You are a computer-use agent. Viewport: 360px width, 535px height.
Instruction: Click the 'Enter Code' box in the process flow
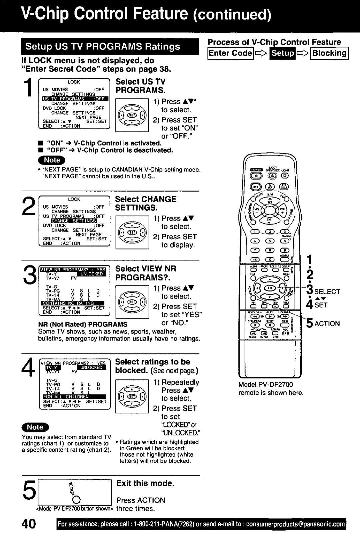click(x=230, y=53)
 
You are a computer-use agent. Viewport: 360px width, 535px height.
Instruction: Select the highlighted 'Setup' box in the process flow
click(x=283, y=53)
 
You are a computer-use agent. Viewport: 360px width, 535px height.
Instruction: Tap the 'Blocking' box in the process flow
click(x=329, y=53)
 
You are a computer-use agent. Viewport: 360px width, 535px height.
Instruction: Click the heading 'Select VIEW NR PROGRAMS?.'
click(x=146, y=273)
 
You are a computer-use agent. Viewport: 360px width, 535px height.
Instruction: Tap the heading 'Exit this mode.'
click(x=145, y=483)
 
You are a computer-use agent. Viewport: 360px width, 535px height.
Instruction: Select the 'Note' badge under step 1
click(x=52, y=160)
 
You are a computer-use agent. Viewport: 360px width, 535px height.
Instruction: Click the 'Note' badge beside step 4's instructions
click(x=35, y=427)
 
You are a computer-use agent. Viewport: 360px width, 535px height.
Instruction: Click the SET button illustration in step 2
click(x=132, y=232)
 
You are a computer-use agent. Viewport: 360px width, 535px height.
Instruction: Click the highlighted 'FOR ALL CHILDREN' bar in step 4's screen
click(x=74, y=396)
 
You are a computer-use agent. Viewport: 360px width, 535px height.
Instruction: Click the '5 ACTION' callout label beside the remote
click(x=323, y=323)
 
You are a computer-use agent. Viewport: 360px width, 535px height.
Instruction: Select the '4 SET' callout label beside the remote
click(x=317, y=305)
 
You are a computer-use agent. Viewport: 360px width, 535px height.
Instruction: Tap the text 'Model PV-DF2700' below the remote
click(x=266, y=384)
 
